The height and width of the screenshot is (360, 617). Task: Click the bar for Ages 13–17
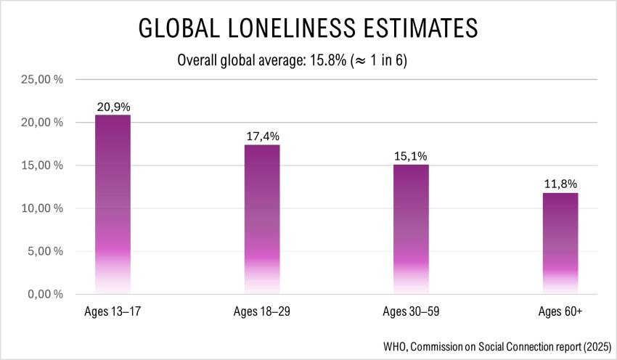[113, 204]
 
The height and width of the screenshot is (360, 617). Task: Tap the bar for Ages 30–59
[411, 229]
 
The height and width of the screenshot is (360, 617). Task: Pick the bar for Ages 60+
[560, 243]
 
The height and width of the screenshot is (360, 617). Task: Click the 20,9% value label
[113, 107]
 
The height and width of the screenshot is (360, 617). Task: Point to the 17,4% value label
[261, 136]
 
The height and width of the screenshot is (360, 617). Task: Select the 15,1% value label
[411, 156]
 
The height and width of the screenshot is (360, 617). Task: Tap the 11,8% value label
[560, 184]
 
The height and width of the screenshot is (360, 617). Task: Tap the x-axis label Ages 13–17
[113, 313]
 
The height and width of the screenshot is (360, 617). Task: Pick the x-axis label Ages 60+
[560, 313]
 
